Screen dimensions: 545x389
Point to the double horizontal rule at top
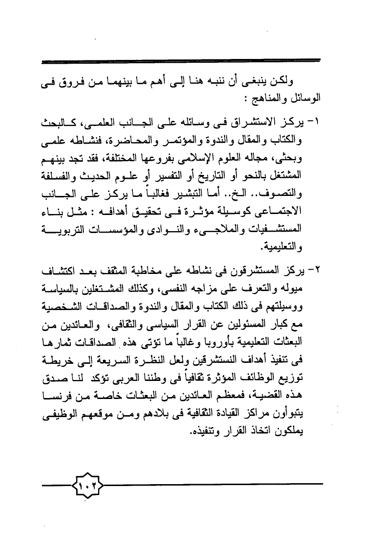(x=181, y=61)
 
